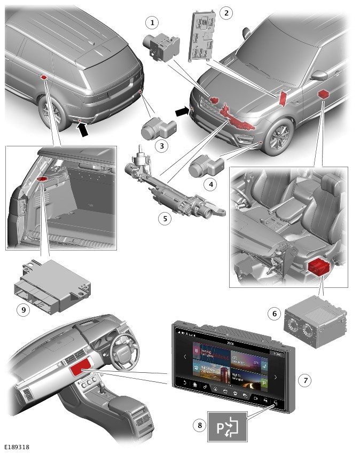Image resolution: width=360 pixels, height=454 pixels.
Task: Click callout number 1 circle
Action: click(x=153, y=22)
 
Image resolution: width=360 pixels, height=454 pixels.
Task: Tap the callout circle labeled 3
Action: click(x=159, y=146)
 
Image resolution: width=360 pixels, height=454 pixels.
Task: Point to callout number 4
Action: click(x=212, y=184)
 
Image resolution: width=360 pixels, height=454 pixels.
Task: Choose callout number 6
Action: click(x=275, y=314)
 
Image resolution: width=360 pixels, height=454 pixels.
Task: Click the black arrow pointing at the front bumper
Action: click(x=183, y=111)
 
